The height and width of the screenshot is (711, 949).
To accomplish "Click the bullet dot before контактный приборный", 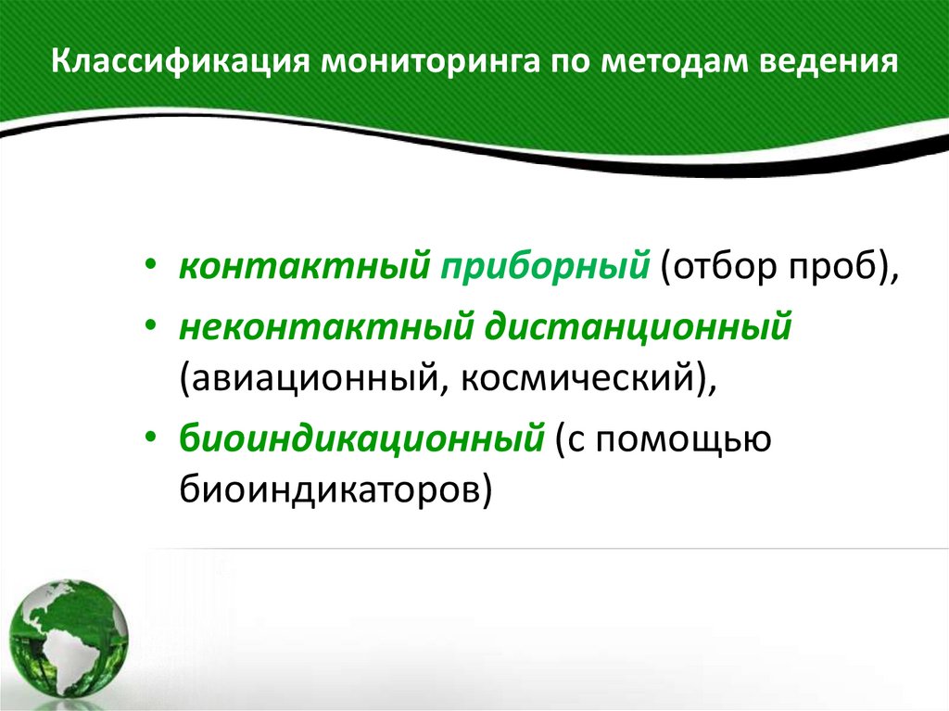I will coord(151,269).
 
